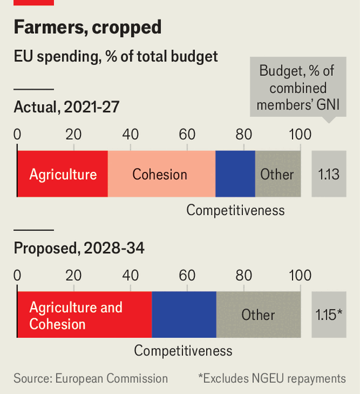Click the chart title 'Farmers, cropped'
[x=88, y=27]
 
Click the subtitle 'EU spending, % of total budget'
[x=116, y=56]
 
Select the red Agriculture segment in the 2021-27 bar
[x=62, y=174]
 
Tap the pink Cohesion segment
[x=161, y=174]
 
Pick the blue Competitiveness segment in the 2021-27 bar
[x=235, y=174]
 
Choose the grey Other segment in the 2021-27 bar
[x=278, y=174]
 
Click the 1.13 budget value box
[x=328, y=174]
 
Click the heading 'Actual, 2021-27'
[x=66, y=107]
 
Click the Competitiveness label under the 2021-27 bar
[x=235, y=210]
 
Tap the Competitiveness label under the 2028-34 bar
[x=183, y=351]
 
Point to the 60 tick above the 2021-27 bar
[x=187, y=134]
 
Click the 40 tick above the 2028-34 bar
[x=130, y=275]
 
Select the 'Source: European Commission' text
[x=91, y=378]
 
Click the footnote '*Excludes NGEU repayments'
[x=272, y=378]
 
